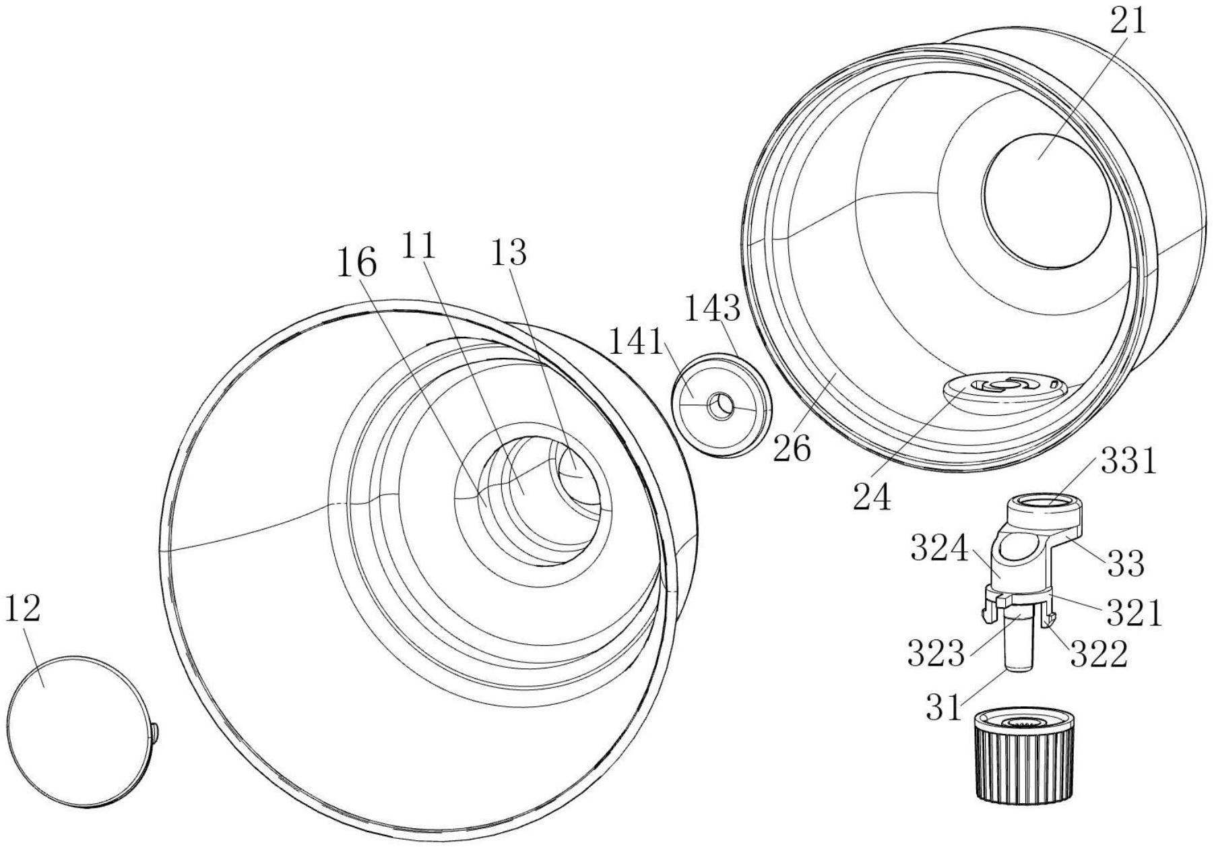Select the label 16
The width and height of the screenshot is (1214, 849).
356,263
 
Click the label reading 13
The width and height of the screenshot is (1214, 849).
509,253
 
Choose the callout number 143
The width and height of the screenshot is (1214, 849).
713,309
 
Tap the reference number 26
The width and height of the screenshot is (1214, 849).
792,448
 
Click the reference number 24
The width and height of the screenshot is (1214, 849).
872,497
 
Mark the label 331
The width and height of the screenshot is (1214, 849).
1128,462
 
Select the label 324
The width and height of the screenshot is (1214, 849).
938,548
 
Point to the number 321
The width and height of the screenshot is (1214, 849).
1134,612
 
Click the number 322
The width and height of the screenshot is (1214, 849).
1099,653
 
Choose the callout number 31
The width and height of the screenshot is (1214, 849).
945,707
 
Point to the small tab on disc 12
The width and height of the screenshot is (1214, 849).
155,733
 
